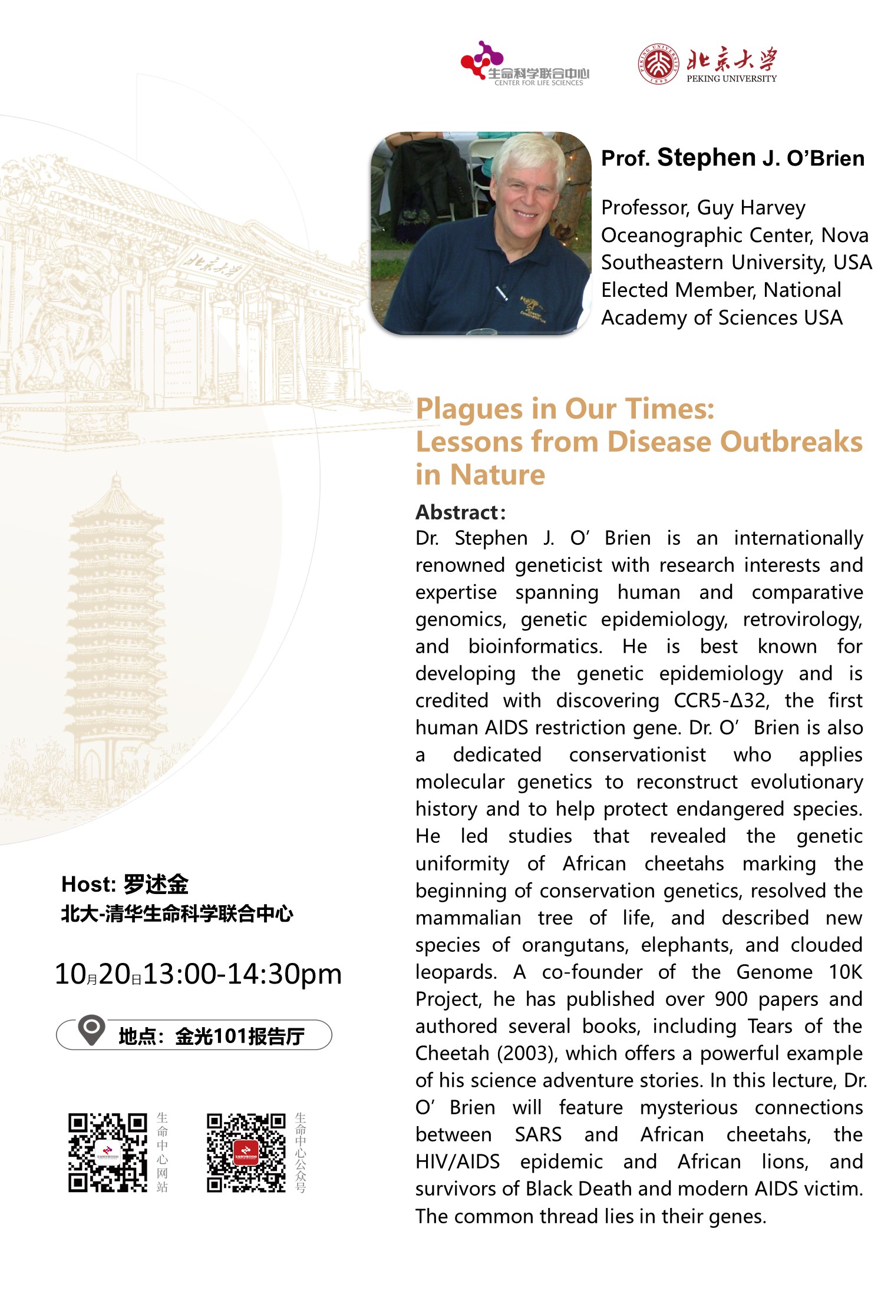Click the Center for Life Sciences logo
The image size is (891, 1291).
[x=524, y=64]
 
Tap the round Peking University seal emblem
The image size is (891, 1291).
[x=659, y=64]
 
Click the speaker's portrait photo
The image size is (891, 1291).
[x=481, y=233]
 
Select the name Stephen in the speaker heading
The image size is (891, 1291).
[x=706, y=158]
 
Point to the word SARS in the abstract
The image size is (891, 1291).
[x=537, y=1134]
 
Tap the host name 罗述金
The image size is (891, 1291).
[x=156, y=884]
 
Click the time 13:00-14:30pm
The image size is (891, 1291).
[x=242, y=974]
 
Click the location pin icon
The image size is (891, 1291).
[x=92, y=1030]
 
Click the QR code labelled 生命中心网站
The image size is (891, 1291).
[x=107, y=1153]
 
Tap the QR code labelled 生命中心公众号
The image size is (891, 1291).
[x=246, y=1153]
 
